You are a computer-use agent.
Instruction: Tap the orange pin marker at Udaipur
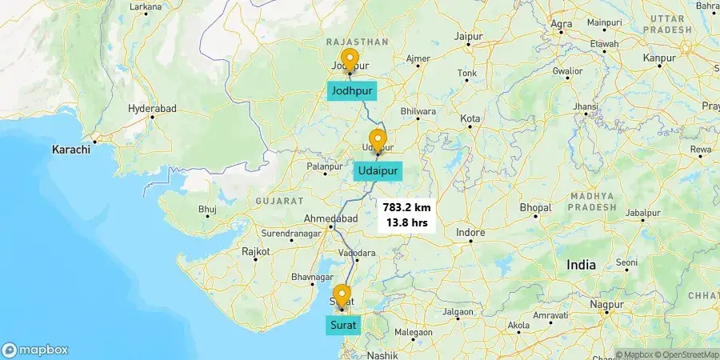[x=378, y=141]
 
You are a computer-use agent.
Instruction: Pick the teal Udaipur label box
[x=378, y=172]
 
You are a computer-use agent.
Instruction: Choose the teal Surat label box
[x=343, y=325]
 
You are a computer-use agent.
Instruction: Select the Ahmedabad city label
[x=330, y=219]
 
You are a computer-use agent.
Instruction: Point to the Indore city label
[x=470, y=233]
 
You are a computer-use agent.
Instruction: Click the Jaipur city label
[x=470, y=37]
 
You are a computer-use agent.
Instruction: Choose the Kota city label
[x=470, y=118]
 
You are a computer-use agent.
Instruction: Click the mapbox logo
[x=35, y=350]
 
